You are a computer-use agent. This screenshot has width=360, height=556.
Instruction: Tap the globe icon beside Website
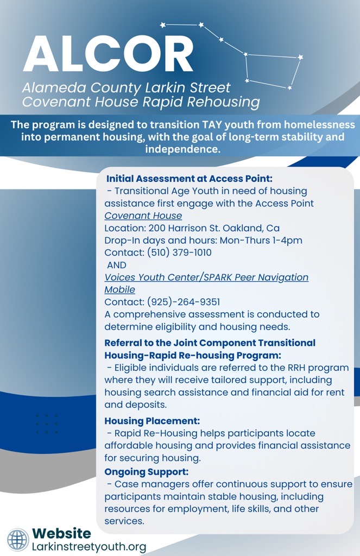coord(18,540)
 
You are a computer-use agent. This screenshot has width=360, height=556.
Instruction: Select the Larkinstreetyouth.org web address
coord(89,547)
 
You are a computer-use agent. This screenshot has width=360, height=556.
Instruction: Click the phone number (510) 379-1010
coord(180,252)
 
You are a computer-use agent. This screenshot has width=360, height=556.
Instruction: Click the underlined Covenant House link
coord(143,216)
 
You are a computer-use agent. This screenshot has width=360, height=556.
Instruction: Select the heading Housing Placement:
coord(152,421)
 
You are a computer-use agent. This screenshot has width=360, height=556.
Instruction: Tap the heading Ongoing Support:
coord(147,472)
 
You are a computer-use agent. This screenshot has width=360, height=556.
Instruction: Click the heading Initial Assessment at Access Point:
coord(190,178)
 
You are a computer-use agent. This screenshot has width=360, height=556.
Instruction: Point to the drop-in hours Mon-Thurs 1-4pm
coord(261,241)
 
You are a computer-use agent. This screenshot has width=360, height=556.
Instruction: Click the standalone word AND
coord(117,265)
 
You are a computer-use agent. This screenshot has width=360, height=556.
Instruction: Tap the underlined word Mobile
coord(119,290)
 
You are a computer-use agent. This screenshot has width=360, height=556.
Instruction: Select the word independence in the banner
coord(182,149)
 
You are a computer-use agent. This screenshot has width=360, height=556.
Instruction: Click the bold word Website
coord(61,533)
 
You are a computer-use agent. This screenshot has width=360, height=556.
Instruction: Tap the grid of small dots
coord(47,424)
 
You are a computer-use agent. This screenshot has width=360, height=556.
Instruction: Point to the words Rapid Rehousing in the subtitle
coord(201,102)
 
